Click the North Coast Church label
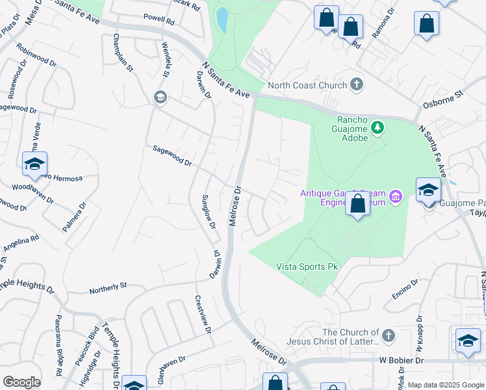(305, 85)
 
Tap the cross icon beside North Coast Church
(356, 84)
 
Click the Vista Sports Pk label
(307, 266)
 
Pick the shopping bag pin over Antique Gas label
(357, 203)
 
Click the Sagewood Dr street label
(172, 156)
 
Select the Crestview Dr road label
(203, 315)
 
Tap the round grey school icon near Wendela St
(159, 97)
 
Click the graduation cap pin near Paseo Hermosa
(35, 165)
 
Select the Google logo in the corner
(21, 382)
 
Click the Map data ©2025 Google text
(446, 385)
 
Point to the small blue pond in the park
(222, 21)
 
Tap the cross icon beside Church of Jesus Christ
(388, 335)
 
